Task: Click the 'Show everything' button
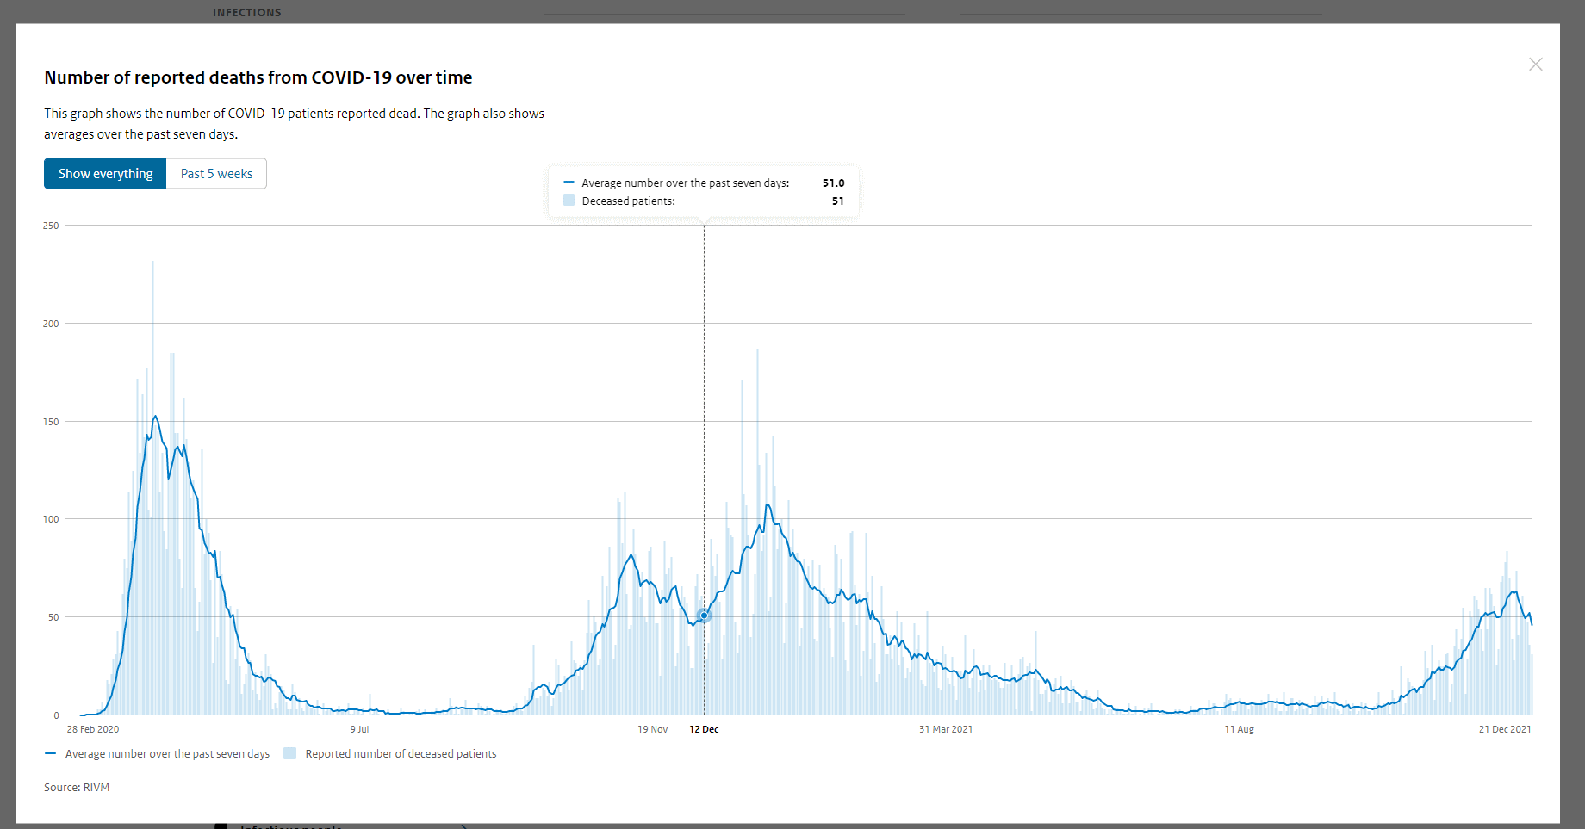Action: (105, 174)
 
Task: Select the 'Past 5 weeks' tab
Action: (216, 174)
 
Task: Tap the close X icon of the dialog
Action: (1535, 65)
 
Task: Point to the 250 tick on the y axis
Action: (51, 226)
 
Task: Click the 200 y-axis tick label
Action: (51, 324)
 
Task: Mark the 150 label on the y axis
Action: (51, 422)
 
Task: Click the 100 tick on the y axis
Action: (51, 519)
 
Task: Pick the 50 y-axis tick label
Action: (53, 617)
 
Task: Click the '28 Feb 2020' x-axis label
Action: (93, 729)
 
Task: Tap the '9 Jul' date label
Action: (359, 729)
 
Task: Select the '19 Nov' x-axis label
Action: (652, 729)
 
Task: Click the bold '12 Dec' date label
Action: (704, 729)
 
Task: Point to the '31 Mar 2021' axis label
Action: (945, 729)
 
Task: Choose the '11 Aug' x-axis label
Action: (1239, 729)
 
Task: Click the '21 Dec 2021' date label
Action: (1504, 729)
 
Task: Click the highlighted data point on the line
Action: (704, 616)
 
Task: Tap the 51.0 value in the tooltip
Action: (833, 183)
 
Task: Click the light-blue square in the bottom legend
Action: (290, 753)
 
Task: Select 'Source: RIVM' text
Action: (77, 788)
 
